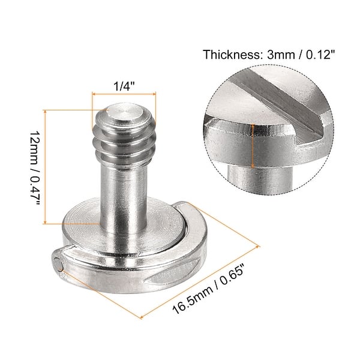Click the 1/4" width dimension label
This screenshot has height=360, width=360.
coord(124,85)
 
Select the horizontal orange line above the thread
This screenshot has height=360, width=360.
coord(124,94)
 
